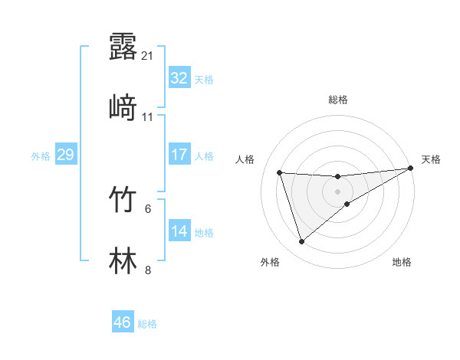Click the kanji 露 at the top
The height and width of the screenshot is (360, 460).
123,47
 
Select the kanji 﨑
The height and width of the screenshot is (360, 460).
123,108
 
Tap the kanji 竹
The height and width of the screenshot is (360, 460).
123,200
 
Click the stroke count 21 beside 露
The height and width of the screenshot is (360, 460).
148,56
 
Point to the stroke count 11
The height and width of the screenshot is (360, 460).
148,117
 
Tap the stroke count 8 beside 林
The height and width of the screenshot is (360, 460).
148,270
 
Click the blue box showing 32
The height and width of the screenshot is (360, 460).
179,78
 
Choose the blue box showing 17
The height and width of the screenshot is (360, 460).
179,155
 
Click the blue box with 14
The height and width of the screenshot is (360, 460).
179,231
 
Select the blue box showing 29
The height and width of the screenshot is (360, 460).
65,155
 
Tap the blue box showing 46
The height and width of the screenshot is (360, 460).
122,322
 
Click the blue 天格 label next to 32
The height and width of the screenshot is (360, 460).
204,80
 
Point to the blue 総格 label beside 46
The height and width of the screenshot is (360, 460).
147,324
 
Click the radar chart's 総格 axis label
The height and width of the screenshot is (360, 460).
338,100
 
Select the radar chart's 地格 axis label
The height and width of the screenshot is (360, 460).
402,263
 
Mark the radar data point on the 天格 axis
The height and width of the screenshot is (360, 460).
411,169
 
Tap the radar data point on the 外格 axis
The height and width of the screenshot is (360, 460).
301,242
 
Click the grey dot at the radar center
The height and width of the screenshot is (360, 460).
338,191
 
